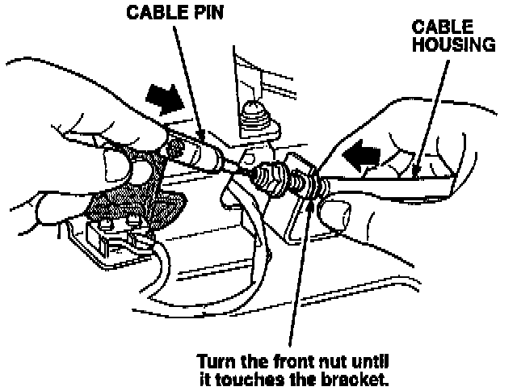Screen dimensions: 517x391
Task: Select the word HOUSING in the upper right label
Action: [x=454, y=44]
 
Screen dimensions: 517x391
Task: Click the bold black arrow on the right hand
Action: [x=361, y=153]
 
